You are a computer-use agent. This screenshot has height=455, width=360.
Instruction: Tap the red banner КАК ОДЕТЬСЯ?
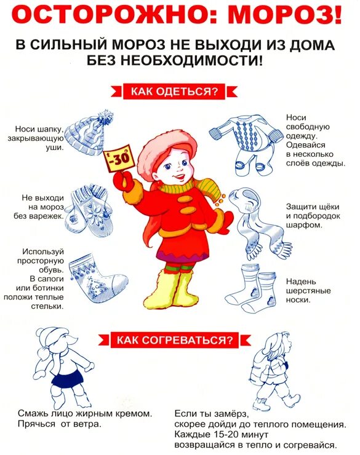coord(173,92)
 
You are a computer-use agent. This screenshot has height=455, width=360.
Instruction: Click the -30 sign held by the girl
coord(119,159)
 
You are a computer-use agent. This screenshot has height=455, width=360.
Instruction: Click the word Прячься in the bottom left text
coord(35,424)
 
